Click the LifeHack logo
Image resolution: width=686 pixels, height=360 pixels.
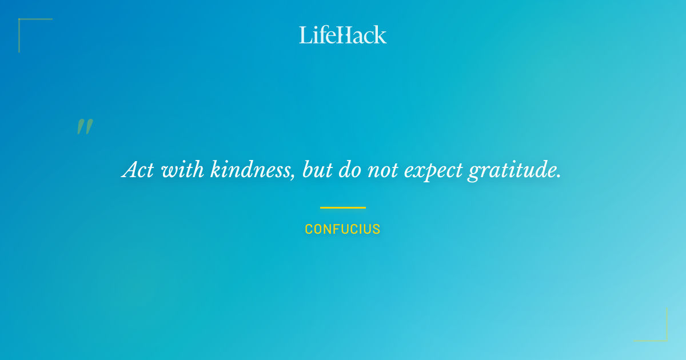[342, 35]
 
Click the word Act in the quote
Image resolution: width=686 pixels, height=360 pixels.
[138, 170]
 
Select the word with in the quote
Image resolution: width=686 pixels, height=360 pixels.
[182, 170]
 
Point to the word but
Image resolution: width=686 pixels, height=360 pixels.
[316, 170]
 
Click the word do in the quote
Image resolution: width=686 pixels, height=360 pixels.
[349, 170]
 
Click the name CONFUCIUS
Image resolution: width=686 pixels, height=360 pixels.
[342, 230]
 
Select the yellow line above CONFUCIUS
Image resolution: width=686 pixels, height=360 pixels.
[342, 207]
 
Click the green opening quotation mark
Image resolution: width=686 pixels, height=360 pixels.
[85, 127]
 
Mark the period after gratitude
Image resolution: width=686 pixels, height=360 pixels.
[559, 176]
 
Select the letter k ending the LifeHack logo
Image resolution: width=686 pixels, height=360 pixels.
[381, 35]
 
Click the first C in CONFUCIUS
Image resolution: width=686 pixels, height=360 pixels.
[309, 230]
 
